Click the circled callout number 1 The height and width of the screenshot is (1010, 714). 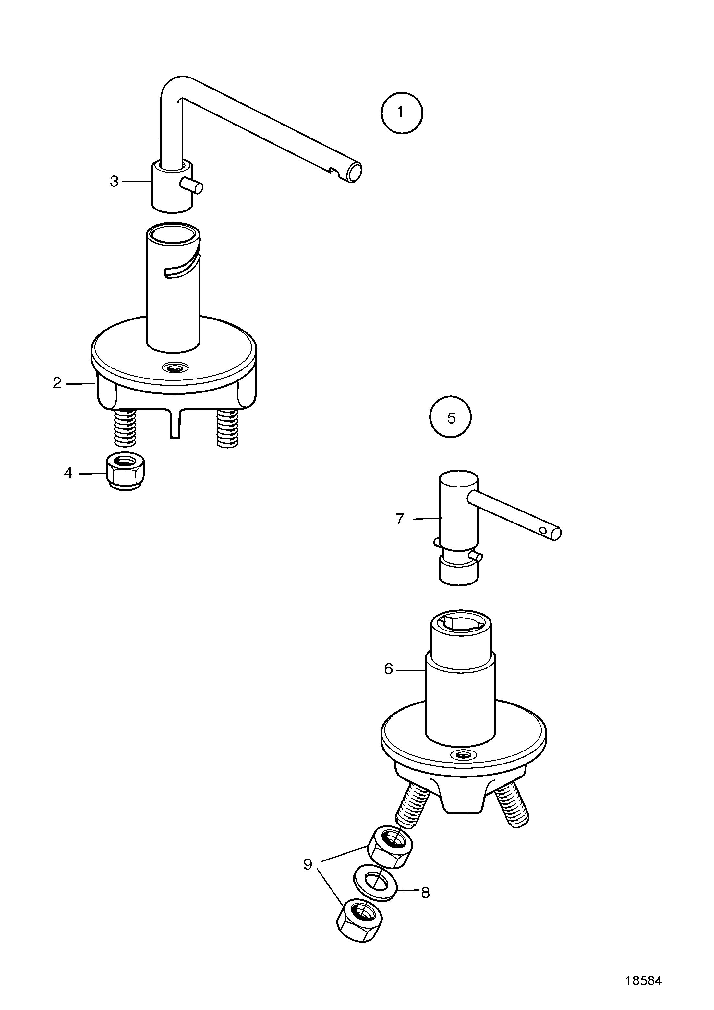click(x=402, y=113)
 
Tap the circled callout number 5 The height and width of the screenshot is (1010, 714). click(x=451, y=417)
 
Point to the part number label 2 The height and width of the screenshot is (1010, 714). click(x=57, y=383)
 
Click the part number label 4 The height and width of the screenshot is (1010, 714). click(x=68, y=473)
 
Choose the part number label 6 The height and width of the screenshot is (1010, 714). click(x=388, y=669)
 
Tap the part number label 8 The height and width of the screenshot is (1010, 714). click(x=425, y=893)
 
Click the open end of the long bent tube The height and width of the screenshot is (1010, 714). click(x=354, y=172)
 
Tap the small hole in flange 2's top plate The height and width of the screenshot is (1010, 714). click(x=175, y=367)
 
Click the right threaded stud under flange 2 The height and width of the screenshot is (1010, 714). click(x=228, y=428)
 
